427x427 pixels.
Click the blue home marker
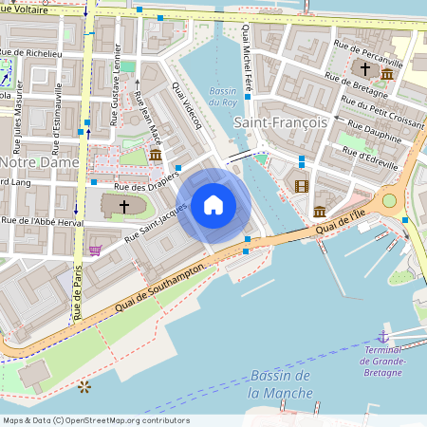click(213, 204)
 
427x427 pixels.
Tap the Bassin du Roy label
click(223, 96)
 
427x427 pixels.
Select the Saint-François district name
click(280, 121)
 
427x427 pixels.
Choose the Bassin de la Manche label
click(279, 384)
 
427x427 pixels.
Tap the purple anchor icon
click(383, 336)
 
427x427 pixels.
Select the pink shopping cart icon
click(95, 250)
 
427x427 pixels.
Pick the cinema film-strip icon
click(302, 186)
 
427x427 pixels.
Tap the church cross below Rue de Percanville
click(364, 69)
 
